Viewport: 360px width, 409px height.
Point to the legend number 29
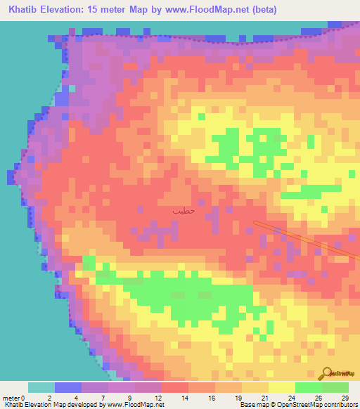pos(344,397)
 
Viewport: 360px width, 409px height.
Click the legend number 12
pos(157,397)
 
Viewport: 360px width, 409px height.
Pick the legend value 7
pos(103,397)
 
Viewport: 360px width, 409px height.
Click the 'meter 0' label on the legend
pos(13,397)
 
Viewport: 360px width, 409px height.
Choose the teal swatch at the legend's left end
pos(41,387)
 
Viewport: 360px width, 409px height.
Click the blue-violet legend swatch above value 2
pos(67,387)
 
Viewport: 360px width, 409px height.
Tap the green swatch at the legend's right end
pos(335,387)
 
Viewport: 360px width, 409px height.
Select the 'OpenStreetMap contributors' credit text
pos(323,405)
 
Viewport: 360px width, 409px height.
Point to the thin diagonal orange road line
pos(302,238)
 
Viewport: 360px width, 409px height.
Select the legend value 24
pos(290,397)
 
